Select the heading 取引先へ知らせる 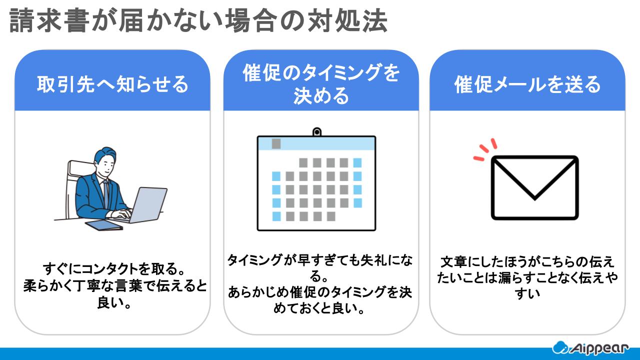112,84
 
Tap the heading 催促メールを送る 527,84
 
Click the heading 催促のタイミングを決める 320,84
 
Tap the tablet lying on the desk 103,225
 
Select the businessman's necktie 106,192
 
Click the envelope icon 534,187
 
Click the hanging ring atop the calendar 316,132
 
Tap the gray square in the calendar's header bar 276,144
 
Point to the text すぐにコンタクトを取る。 112,269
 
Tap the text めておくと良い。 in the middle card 320,308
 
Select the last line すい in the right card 527,294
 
